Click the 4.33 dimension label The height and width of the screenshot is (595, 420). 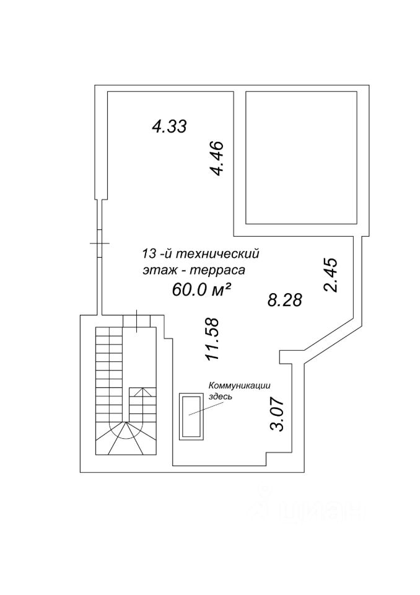point(169,127)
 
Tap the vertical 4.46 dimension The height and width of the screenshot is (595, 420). point(217,159)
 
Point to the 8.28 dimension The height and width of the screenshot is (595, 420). point(284,301)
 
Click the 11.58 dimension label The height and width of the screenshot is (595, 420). point(213,338)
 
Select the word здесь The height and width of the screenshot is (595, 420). point(220,397)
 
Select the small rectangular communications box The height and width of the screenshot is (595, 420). point(191,416)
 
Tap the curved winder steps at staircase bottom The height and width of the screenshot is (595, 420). point(126,438)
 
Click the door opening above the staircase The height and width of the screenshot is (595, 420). point(136,319)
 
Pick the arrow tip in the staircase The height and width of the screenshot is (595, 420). point(141,389)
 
